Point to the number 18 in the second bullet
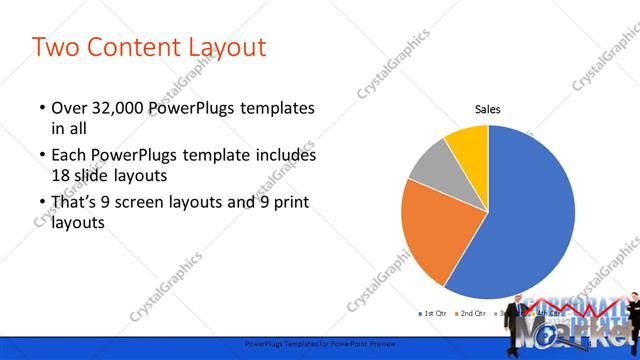click(61, 174)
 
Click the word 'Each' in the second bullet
click(69, 156)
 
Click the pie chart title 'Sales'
click(487, 110)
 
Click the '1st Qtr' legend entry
click(432, 314)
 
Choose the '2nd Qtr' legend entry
click(471, 314)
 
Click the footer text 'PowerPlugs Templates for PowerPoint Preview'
click(320, 342)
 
